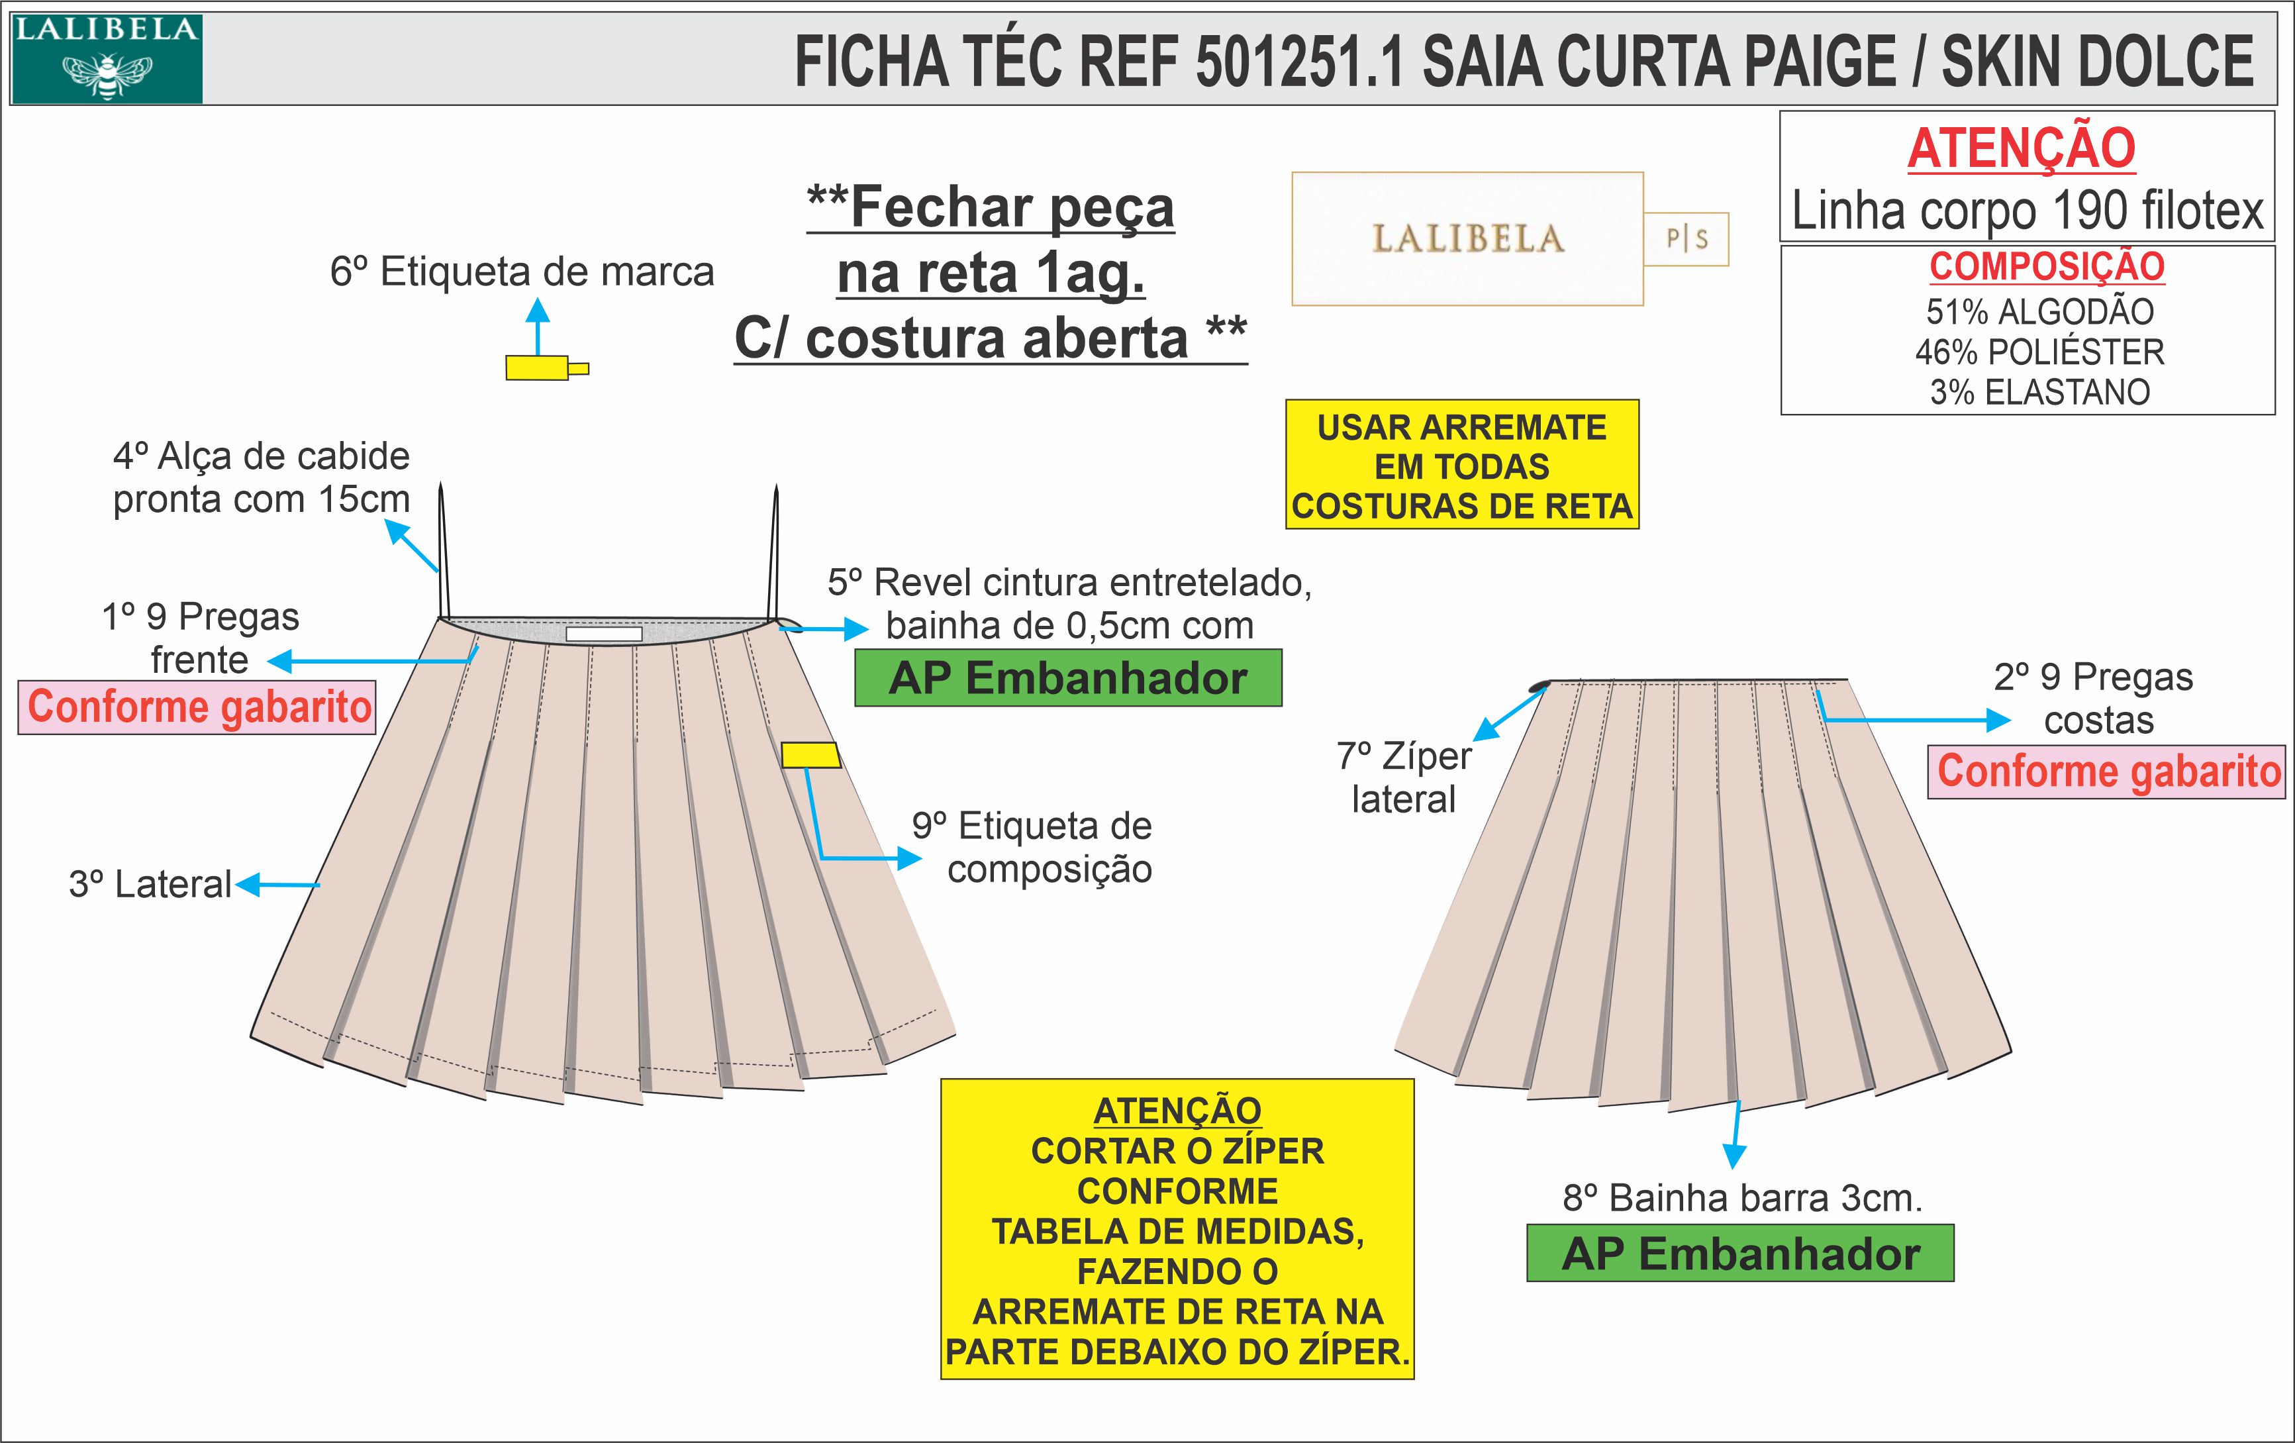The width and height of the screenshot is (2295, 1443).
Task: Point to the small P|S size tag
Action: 1686,238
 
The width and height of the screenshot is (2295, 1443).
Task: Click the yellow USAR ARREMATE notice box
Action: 1461,465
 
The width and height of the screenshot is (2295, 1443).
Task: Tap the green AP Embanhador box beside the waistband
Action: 1067,677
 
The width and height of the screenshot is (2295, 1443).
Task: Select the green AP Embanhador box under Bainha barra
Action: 1739,1254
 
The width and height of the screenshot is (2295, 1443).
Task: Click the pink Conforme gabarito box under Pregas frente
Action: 197,706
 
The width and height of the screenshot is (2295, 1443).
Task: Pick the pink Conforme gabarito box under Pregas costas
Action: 2107,771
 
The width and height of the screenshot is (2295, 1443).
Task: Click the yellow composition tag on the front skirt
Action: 810,755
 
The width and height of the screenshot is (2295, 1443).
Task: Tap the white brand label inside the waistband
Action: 603,634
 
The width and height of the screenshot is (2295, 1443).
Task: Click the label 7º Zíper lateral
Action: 1404,777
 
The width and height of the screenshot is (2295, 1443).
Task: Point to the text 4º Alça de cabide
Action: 261,456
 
